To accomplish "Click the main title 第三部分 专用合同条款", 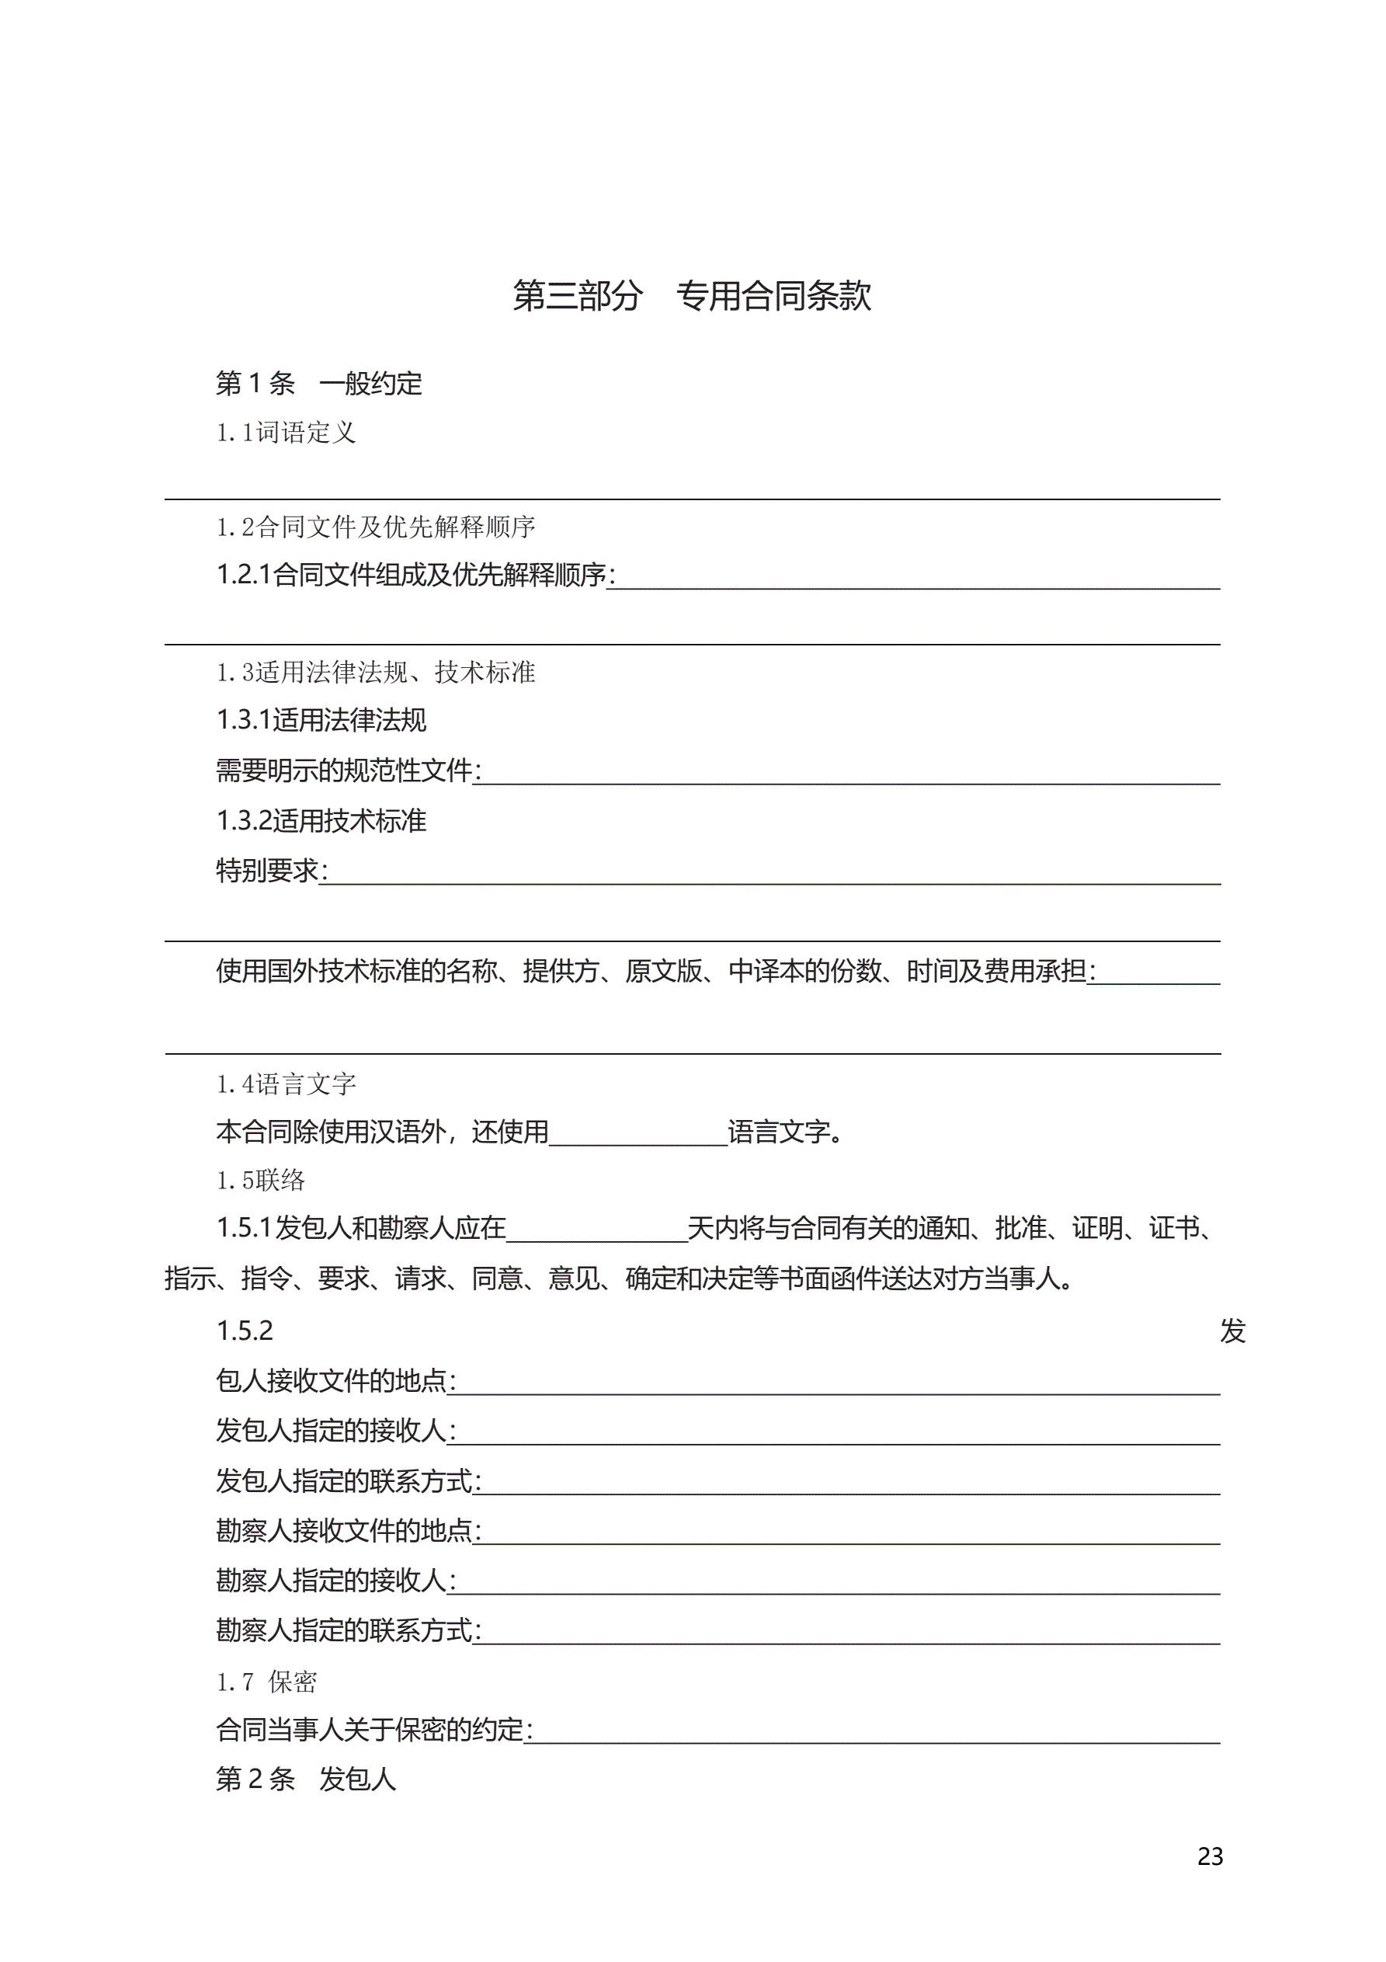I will click(x=691, y=296).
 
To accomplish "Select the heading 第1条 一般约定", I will click(x=318, y=384).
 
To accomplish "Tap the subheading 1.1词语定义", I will click(x=286, y=433).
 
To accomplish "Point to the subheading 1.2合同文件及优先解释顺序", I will click(x=375, y=527).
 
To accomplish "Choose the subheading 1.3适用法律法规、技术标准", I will click(x=375, y=673).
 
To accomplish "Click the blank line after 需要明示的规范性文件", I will click(x=846, y=775).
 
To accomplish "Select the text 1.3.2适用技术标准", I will click(x=321, y=821).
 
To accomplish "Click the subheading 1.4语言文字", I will click(x=286, y=1084).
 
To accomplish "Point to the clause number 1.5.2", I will click(x=245, y=1331).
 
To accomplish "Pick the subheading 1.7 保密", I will click(x=266, y=1682).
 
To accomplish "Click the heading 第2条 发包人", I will click(x=306, y=1780).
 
